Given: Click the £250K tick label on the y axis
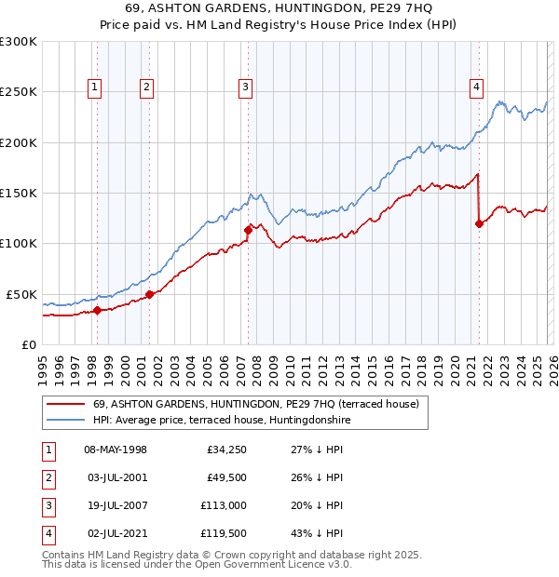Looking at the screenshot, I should click(19, 92).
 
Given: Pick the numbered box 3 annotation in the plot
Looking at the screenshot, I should click(246, 88).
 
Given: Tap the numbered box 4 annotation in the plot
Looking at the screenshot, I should click(476, 88).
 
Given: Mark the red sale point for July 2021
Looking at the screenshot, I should click(479, 223).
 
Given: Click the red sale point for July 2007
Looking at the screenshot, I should click(248, 230).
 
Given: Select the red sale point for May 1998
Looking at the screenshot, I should click(97, 310).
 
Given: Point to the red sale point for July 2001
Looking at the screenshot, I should click(149, 294).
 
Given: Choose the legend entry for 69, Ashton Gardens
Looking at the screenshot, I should click(256, 404).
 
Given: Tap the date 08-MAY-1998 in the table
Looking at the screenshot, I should click(116, 450).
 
